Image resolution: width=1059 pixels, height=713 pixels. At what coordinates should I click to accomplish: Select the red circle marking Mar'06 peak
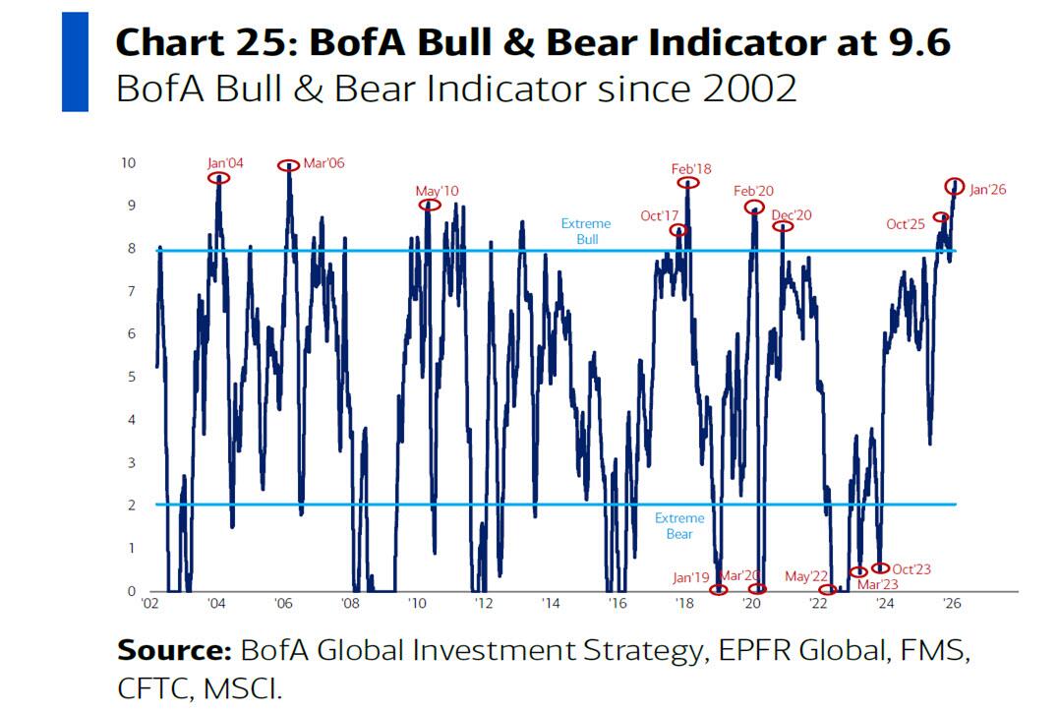click(x=288, y=166)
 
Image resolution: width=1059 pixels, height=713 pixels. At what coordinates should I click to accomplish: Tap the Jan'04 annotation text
click(x=227, y=163)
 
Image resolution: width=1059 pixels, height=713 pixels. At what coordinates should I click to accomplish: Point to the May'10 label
click(x=437, y=191)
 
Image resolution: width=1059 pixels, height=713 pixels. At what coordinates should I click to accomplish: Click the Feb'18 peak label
click(x=691, y=169)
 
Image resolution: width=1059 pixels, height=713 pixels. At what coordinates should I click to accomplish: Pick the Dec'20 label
click(x=792, y=214)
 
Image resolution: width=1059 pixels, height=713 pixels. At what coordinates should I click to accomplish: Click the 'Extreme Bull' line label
click(x=586, y=231)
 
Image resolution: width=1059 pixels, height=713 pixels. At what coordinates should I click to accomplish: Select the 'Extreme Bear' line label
click(x=679, y=526)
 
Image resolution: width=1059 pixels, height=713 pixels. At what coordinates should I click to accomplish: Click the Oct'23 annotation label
click(x=912, y=568)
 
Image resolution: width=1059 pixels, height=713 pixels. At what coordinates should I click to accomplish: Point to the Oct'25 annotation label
click(x=906, y=224)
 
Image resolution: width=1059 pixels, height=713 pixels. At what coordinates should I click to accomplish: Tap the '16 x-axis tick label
click(x=617, y=602)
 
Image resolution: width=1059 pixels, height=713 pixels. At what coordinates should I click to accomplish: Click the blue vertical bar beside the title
click(x=75, y=61)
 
